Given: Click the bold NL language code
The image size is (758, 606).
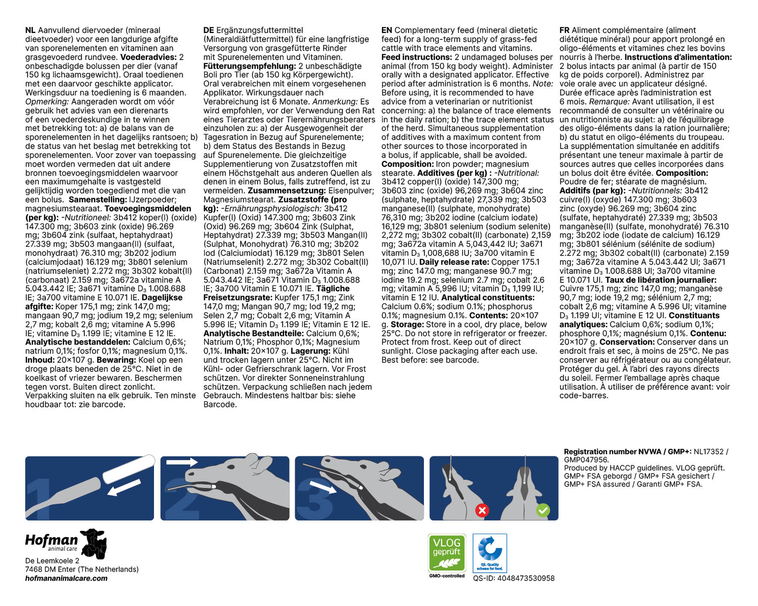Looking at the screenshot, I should coord(30,30).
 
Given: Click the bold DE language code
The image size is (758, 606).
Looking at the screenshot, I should coord(208,30).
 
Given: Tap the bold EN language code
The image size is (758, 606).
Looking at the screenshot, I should coord(387,30).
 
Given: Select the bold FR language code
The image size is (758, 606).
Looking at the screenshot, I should coord(564,30).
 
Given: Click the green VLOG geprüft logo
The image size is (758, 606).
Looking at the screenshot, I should coord(447,553).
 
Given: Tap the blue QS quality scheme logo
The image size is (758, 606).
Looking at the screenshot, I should coord(490,553).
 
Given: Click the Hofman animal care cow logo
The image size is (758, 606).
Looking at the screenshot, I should coord(94,544).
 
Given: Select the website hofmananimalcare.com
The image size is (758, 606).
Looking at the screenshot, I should coord(66,578).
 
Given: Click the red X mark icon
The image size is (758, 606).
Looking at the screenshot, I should coord(482,510).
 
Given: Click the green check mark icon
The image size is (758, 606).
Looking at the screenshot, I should coord(543,510).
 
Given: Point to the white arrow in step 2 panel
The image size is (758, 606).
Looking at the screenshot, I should coord(181,462).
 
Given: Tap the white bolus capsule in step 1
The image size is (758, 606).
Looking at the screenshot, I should coord(128,468).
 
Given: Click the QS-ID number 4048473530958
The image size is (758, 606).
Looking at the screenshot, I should coord(513,578).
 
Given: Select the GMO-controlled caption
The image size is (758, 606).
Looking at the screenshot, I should coord(447,576).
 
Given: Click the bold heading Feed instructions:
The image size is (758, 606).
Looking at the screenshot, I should coord(417,57).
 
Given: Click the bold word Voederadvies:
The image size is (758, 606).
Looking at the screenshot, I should coord(148,57).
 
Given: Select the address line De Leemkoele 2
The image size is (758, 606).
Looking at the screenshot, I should coord(52,561).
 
